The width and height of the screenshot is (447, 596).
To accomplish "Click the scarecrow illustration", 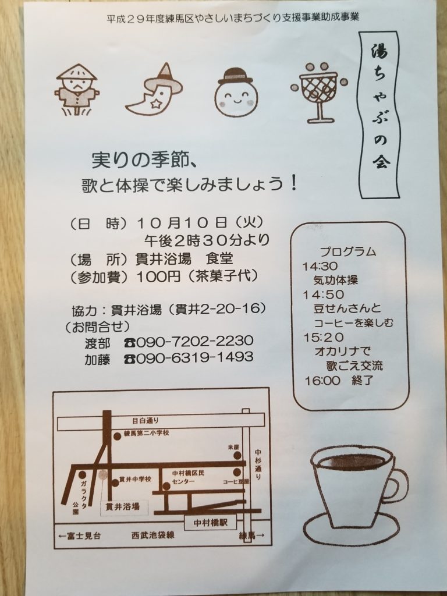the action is click(76, 90).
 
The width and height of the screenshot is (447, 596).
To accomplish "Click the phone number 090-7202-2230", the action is click(194, 341).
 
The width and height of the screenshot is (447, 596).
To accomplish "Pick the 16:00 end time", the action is click(322, 381).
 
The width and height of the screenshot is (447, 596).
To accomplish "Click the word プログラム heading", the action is click(348, 251).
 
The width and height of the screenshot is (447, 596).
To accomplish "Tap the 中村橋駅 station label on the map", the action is click(211, 523).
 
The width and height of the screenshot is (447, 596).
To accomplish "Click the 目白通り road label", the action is click(145, 421).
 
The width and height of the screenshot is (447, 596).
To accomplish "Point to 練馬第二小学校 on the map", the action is click(146, 433).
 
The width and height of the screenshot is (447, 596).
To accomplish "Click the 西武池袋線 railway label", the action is click(153, 535).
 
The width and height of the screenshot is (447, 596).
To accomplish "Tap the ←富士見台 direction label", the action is click(80, 536).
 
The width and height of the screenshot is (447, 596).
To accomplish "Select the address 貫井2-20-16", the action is click(218, 309).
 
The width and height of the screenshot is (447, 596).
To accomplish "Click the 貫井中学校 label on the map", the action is click(135, 480).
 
